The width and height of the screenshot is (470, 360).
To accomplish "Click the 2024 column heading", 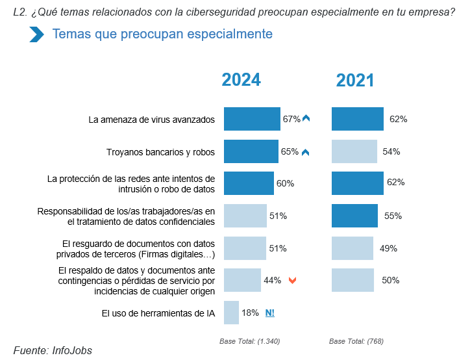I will pos(241,79).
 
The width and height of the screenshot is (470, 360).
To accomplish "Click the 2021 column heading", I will pos(355,80).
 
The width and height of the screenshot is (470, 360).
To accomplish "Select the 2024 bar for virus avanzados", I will pos(252,119).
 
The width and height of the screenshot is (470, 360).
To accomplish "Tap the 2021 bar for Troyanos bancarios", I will pos(354,151).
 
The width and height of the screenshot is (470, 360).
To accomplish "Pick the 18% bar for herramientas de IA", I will pos(231,313).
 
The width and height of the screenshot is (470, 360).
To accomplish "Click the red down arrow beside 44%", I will pos(293,281).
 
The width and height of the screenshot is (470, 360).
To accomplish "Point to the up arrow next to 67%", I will pos(306,119).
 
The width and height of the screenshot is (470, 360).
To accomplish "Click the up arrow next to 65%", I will pos(306,152).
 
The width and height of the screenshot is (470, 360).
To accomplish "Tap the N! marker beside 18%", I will pos(270,313).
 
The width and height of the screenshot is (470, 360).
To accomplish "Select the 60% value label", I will pos(285,184).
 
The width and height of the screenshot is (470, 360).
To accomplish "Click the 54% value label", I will pos(391,151).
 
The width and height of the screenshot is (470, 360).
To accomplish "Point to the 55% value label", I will pos(393,216).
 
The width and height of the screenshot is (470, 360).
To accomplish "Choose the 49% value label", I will pos(389,248).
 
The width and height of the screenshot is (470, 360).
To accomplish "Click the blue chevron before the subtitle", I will pos(36,34).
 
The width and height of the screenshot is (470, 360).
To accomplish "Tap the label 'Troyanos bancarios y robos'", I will pos(160,152).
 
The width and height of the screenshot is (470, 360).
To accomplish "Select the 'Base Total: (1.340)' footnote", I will pos(250,341).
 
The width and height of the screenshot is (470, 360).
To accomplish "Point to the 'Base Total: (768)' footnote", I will pos(356,341).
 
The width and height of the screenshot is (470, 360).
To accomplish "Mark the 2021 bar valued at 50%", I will pos(352,280).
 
